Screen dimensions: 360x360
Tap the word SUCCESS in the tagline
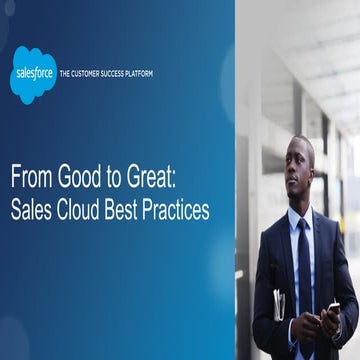click(x=123, y=73)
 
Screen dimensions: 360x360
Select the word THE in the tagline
click(x=67, y=73)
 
